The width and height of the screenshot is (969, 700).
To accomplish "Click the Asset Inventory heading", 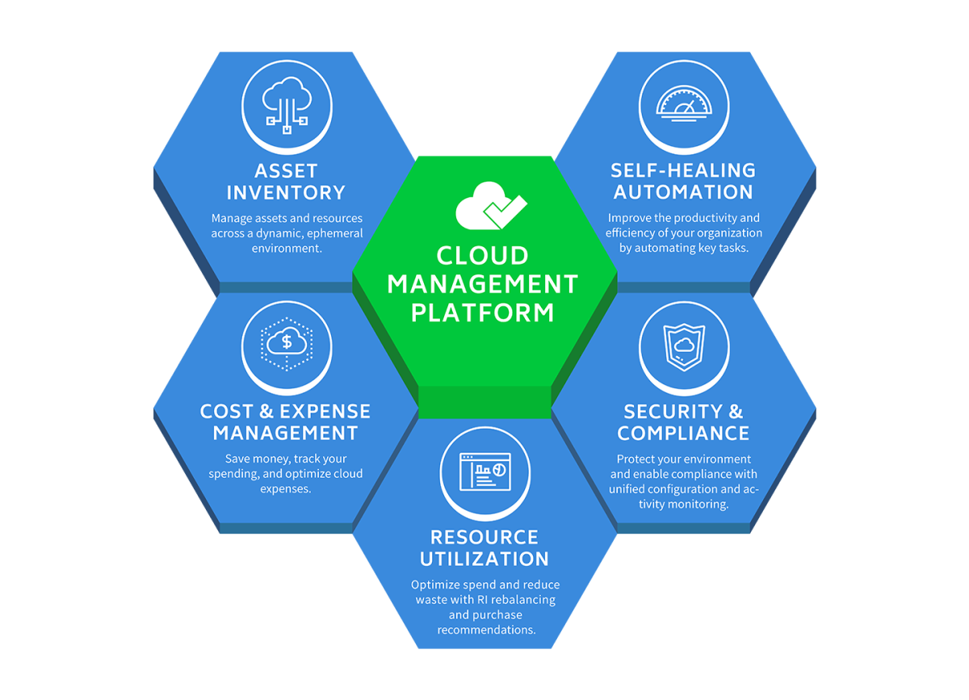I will pos(286,182).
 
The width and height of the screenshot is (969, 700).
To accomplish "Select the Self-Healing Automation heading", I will pos(683,181).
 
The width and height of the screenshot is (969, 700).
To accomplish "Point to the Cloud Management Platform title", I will pos(483,283).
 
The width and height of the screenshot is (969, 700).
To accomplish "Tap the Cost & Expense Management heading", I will pos(286,421).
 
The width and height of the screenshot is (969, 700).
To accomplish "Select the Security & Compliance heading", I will pos(683,421).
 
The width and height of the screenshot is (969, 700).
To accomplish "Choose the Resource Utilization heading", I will pos(484,547).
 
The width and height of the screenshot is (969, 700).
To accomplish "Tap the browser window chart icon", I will pos(484,472).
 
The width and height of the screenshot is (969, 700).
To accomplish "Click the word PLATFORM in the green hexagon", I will pos(483,312).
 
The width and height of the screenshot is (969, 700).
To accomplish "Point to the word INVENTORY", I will pos(286,193).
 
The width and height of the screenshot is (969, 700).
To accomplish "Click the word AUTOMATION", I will pos(683,192).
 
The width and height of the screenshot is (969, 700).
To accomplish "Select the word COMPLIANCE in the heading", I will pos(683,433).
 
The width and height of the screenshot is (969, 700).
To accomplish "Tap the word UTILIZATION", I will pos(484,559).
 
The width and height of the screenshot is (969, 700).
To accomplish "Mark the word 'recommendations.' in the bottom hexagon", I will pos(486,629).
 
